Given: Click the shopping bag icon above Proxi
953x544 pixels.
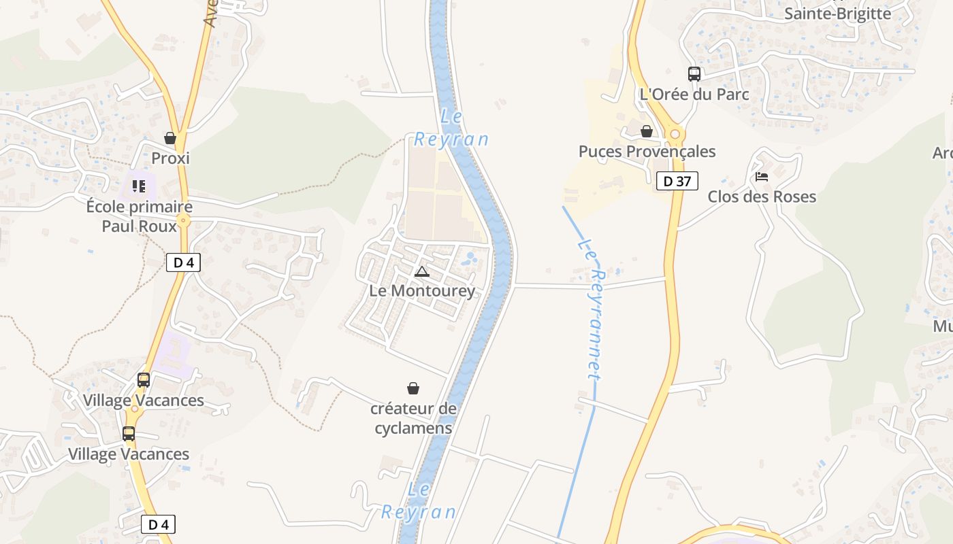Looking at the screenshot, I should click(170, 138).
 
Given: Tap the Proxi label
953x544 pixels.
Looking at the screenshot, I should click(170, 158).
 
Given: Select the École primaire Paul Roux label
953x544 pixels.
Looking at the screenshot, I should click(140, 216).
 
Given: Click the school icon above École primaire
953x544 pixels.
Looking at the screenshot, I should click(140, 186).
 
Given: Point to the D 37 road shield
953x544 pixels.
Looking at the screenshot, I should click(677, 181).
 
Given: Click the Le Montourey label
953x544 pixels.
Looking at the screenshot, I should click(422, 291).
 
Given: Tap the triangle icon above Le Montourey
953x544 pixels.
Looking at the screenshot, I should click(422, 272).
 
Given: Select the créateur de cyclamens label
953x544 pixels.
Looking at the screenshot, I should click(413, 418).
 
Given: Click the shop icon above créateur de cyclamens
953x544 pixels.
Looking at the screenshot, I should click(413, 388).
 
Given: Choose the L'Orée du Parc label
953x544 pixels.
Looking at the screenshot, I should click(694, 95).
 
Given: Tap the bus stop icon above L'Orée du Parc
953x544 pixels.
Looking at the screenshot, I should click(694, 74).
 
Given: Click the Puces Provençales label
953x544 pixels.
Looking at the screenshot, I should click(647, 152).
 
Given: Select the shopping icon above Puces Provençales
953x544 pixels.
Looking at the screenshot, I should click(647, 131).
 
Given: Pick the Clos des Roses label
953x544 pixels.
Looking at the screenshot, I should click(762, 197).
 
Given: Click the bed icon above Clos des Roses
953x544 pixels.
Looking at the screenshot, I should click(762, 177).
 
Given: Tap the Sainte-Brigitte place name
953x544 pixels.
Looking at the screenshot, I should click(837, 14).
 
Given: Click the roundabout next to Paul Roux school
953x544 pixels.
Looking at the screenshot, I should click(183, 221).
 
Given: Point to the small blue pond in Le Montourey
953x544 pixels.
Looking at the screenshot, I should click(469, 258).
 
